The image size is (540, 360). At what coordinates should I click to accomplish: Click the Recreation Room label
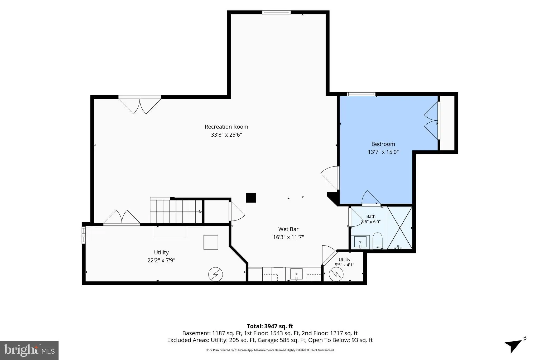(226, 127)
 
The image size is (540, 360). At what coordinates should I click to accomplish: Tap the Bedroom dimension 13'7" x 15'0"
(383, 152)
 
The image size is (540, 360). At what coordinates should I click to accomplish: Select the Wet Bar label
(288, 229)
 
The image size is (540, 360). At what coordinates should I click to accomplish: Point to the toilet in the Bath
(378, 241)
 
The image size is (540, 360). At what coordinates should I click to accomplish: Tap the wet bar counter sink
(297, 274)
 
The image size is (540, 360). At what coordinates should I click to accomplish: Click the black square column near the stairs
(251, 198)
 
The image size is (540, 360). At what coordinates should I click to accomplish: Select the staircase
(176, 211)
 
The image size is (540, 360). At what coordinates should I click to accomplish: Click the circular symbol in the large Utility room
(215, 275)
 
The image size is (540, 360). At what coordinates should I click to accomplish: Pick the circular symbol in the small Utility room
(336, 274)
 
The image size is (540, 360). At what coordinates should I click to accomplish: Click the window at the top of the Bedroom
(361, 94)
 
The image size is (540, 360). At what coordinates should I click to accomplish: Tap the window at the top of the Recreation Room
(276, 12)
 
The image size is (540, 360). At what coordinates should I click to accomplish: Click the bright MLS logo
(29, 350)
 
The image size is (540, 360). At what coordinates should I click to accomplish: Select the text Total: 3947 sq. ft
(270, 326)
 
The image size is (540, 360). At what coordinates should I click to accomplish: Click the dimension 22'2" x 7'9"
(161, 260)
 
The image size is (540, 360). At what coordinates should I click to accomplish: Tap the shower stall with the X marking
(399, 228)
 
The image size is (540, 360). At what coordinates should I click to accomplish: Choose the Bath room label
(371, 217)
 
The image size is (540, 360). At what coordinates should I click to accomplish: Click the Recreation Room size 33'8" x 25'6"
(226, 135)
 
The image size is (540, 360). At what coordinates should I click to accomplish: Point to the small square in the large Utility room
(211, 242)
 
